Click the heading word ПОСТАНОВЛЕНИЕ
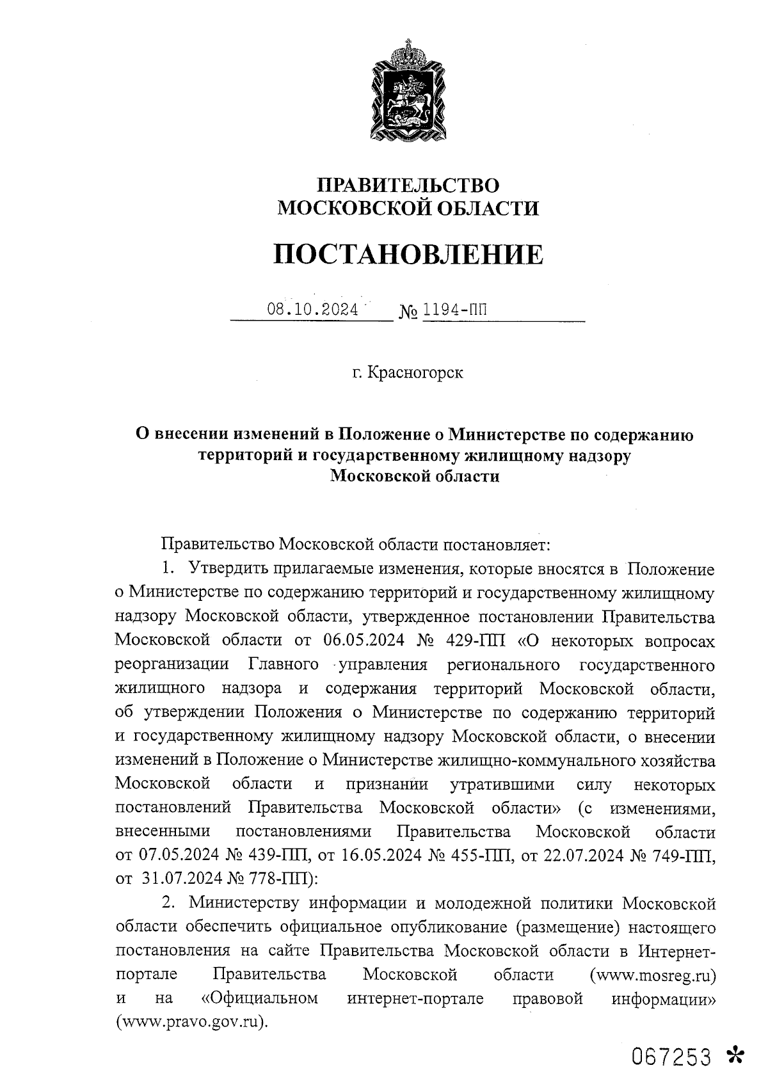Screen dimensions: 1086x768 tap(408, 254)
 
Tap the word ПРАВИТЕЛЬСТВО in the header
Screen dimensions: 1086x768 tap(408, 185)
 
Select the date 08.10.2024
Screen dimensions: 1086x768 tap(313, 310)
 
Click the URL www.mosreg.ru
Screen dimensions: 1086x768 tap(653, 976)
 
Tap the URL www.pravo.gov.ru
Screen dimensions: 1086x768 tap(191, 1022)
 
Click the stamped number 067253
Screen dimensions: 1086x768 tap(671, 1057)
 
